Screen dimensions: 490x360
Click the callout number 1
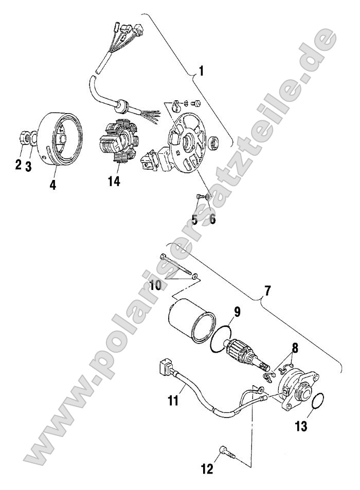(201, 71)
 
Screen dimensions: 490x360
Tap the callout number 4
(52, 183)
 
